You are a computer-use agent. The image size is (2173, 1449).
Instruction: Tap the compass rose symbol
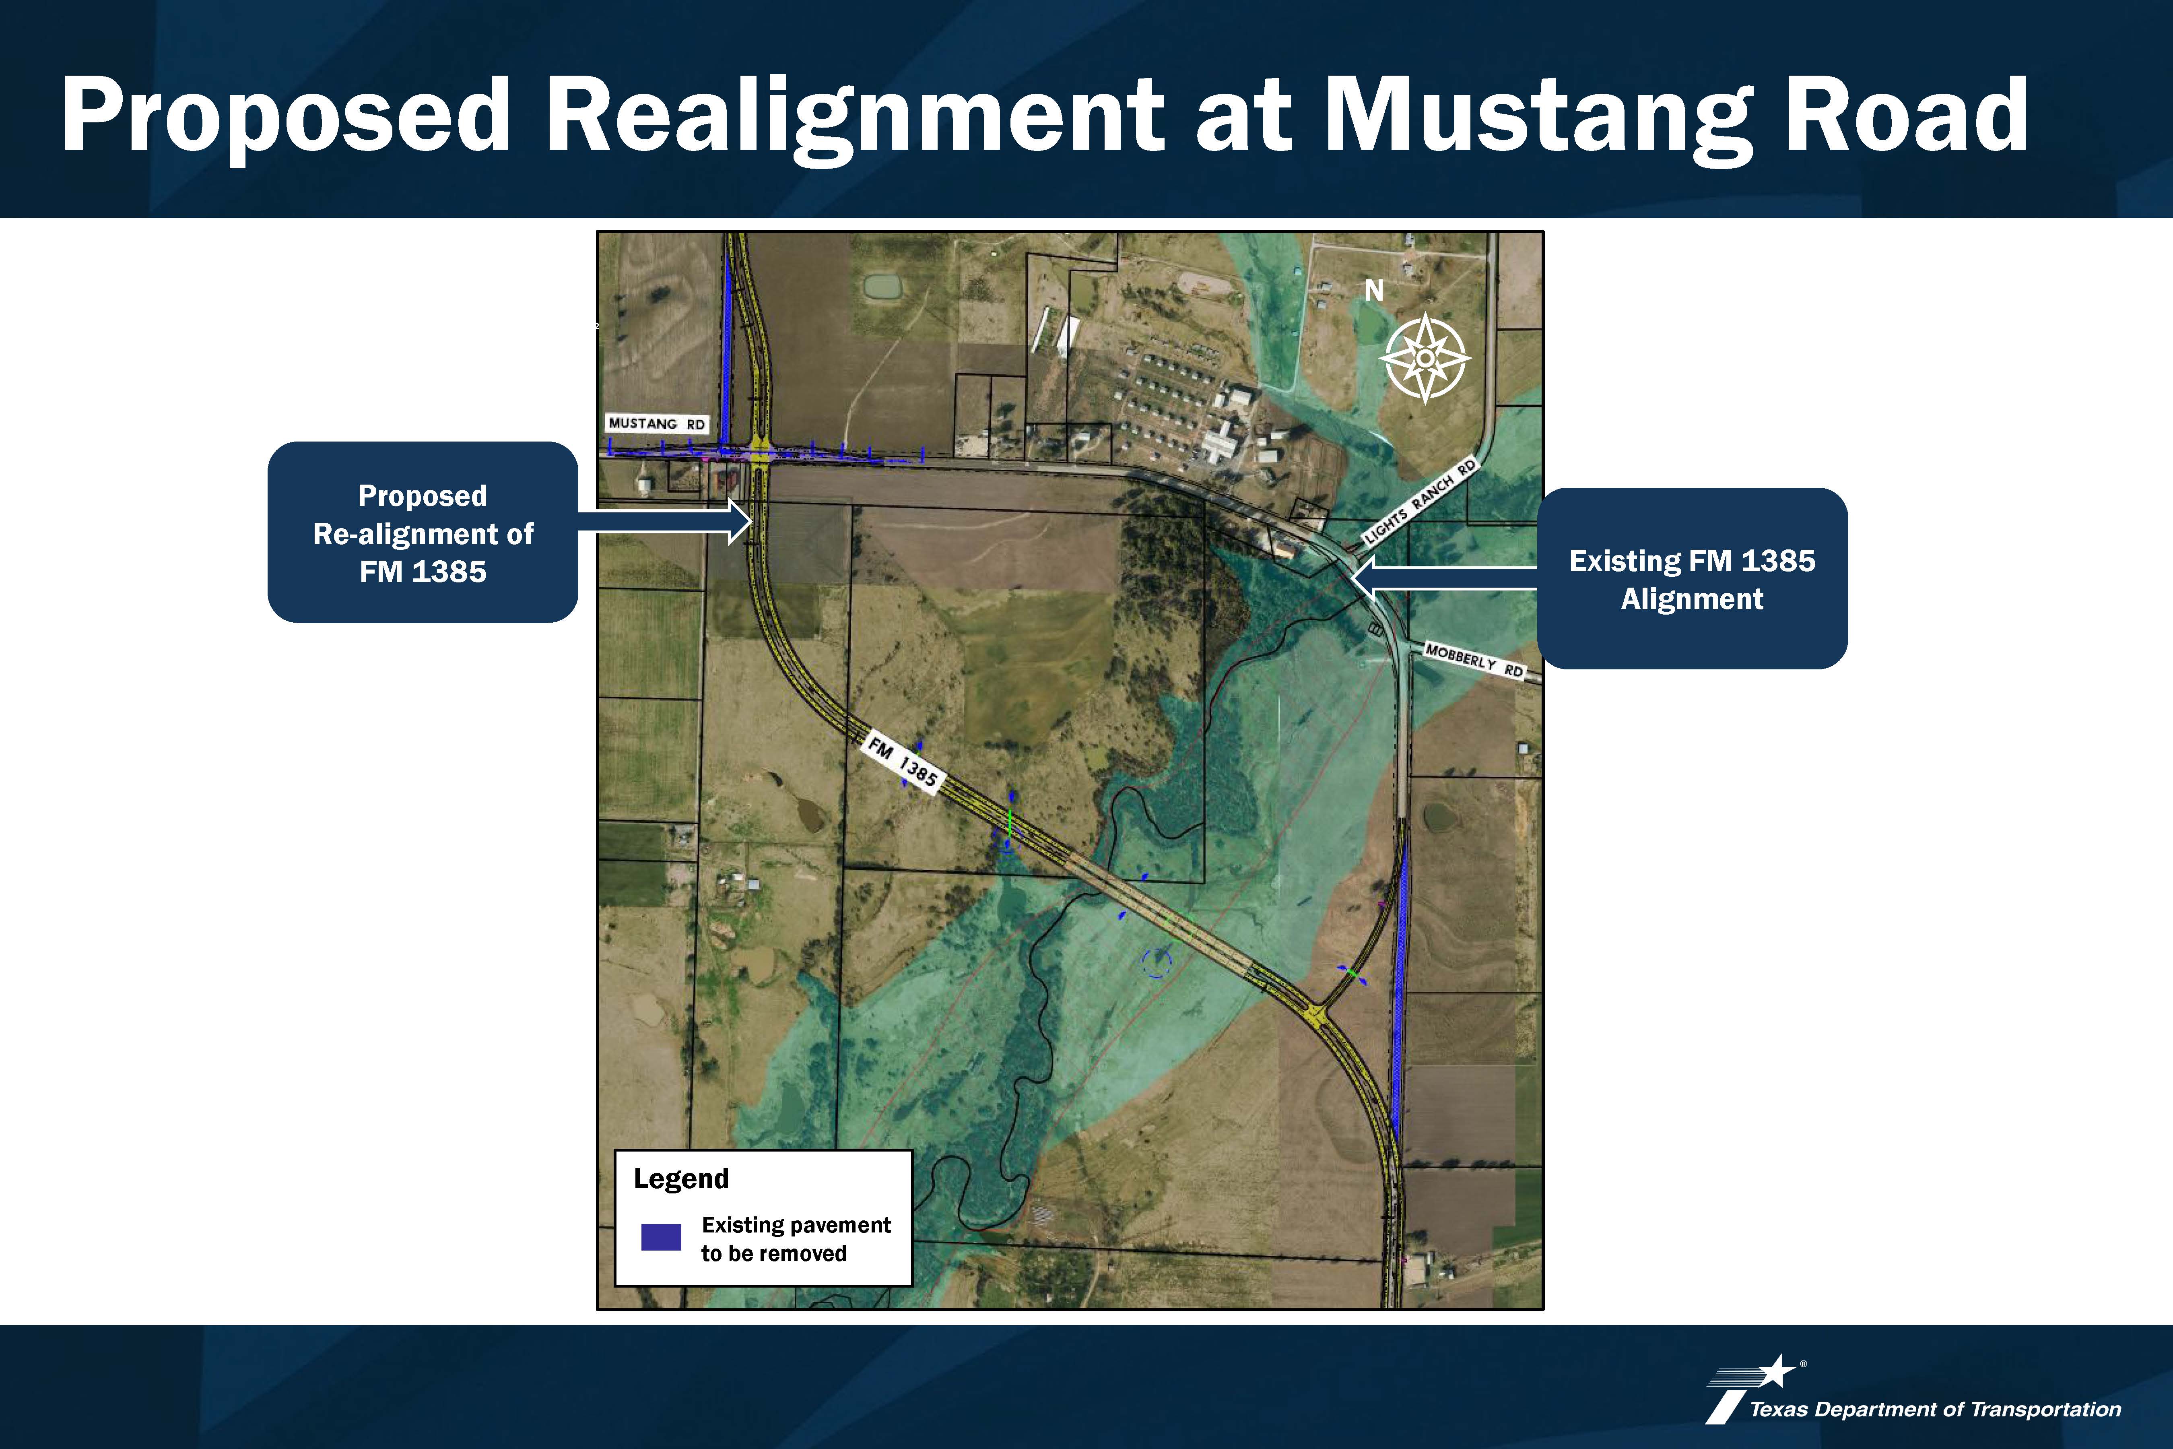click(x=1426, y=358)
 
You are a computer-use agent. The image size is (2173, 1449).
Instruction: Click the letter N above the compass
click(x=1375, y=290)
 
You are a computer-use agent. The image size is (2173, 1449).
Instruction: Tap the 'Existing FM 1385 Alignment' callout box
click(x=1692, y=578)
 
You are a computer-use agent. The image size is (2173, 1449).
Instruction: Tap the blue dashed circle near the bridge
click(x=1157, y=963)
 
